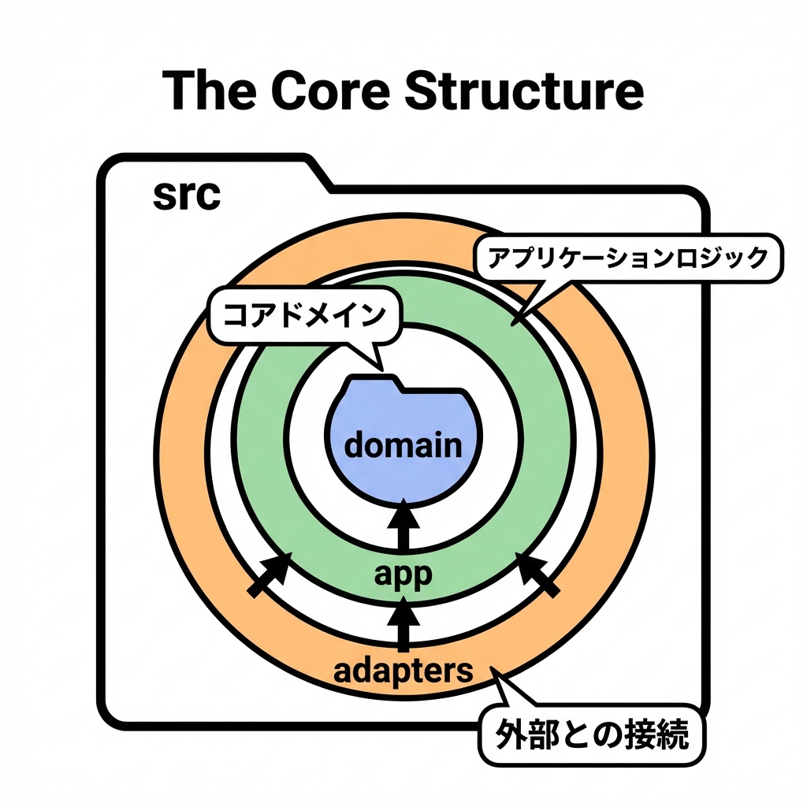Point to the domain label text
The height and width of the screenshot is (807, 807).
(x=403, y=445)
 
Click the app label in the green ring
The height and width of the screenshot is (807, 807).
(x=403, y=574)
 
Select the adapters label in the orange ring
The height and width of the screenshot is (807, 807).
(x=403, y=671)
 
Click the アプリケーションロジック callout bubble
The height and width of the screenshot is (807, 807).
(x=627, y=258)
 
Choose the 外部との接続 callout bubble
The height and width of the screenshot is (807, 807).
(x=593, y=735)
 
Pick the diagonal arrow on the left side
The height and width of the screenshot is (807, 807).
(x=270, y=575)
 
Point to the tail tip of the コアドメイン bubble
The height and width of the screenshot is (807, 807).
(x=381, y=368)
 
